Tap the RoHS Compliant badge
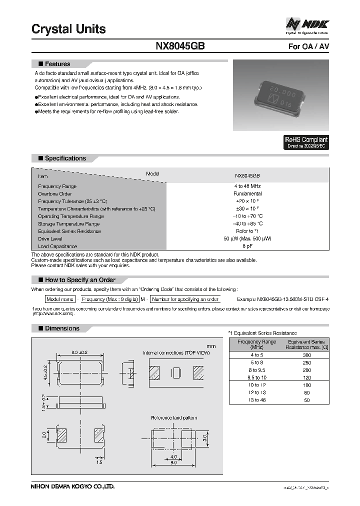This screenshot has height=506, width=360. [306, 142]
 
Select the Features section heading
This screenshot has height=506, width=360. [57, 64]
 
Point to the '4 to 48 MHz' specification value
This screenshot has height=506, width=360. [247, 186]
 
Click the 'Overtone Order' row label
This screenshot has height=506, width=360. [55, 193]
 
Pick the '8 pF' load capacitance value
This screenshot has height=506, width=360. [247, 246]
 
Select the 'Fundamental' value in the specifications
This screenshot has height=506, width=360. [247, 193]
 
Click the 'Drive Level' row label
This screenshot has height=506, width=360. [50, 239]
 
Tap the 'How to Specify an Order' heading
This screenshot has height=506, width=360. [80, 280]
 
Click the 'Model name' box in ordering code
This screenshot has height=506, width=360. [60, 299]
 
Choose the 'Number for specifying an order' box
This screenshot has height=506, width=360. [185, 299]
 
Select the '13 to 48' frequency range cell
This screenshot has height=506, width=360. [256, 400]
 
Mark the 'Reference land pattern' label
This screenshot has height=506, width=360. [174, 418]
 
